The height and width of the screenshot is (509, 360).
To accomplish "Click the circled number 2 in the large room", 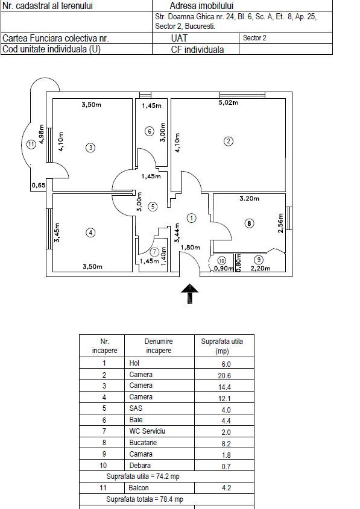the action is pos(229,141).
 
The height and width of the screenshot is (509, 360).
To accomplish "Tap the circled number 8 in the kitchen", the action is pos(249,223).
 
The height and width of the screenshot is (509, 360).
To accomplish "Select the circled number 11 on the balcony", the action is pos(31,144).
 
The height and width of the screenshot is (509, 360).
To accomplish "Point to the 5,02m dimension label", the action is pos(229,102).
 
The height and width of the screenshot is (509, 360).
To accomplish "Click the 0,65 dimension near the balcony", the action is pos(39,186).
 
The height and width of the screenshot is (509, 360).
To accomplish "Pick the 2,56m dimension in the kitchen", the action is pos(281,223).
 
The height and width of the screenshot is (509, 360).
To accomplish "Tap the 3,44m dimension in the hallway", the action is pos(177,233).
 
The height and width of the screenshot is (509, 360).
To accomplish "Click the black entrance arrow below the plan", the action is pos(189,294).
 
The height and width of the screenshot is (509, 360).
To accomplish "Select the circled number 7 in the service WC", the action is pos(154,252).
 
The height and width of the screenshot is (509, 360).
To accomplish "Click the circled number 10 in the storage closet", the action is pos(221,261).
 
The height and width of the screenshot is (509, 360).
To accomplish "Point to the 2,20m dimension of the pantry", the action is pos(261,269).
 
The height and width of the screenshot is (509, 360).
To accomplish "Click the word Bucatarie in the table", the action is pos(143,443).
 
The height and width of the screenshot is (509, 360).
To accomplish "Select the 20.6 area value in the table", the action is pos(224,376).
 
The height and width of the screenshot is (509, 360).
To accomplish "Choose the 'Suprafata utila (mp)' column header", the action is pos(222,346).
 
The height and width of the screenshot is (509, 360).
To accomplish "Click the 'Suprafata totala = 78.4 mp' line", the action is pos(145,499).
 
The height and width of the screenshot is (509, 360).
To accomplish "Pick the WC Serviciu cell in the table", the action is pos(147,431).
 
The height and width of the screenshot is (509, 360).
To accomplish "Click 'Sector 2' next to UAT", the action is pos(254,38).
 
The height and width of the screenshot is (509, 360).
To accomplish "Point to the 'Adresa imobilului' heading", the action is pos(201,5).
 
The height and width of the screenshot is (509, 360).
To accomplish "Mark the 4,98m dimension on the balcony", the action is pos(41,134).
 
